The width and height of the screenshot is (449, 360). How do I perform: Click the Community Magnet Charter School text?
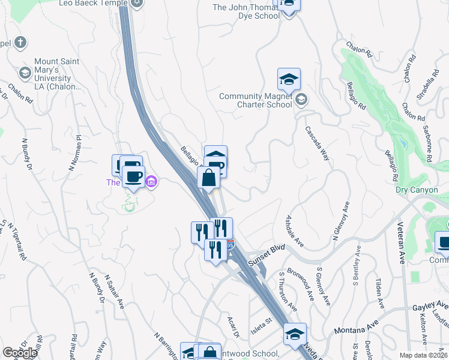coord(255,100)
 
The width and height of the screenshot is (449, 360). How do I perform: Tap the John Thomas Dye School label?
coord(247,11)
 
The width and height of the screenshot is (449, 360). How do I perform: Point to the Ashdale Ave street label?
coord(295,232)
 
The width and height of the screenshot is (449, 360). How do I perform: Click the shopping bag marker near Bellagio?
coord(208,178)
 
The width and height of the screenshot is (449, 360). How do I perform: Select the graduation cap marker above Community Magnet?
coord(289,79)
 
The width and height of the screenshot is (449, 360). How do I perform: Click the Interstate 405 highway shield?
coord(231,245)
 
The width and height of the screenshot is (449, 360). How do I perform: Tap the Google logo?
coord(20,353)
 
